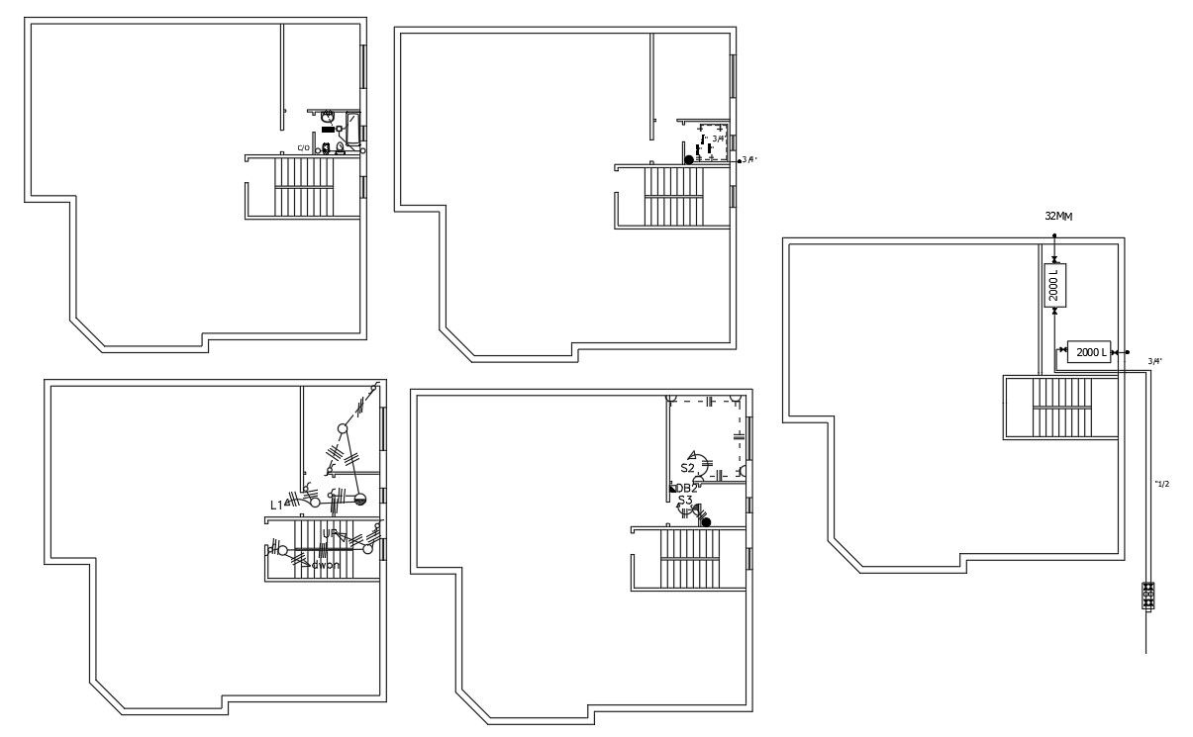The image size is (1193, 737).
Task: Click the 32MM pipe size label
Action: pyautogui.click(x=1058, y=216)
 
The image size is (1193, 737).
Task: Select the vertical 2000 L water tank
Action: pyautogui.click(x=1054, y=284)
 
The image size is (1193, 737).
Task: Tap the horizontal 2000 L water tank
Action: pyautogui.click(x=1089, y=352)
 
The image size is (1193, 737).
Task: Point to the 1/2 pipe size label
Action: pyautogui.click(x=1162, y=483)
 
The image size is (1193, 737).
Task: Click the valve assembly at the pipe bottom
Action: pyautogui.click(x=1148, y=596)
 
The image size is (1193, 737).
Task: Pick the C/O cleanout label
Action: pyautogui.click(x=304, y=148)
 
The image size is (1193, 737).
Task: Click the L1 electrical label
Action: pyautogui.click(x=276, y=505)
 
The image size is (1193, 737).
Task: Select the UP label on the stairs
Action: pyautogui.click(x=329, y=533)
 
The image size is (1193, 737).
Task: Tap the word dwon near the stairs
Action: pyautogui.click(x=325, y=566)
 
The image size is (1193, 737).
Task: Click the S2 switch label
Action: pyautogui.click(x=687, y=467)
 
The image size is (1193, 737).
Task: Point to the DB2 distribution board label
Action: pyautogui.click(x=687, y=489)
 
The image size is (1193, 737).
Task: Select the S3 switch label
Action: pyautogui.click(x=685, y=501)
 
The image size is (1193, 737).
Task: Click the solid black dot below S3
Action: pyautogui.click(x=706, y=521)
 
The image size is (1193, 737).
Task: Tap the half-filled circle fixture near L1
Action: pyautogui.click(x=360, y=500)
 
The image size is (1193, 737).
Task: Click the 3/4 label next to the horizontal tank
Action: pyautogui.click(x=1154, y=361)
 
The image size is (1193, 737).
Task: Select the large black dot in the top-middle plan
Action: pyautogui.click(x=689, y=159)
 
